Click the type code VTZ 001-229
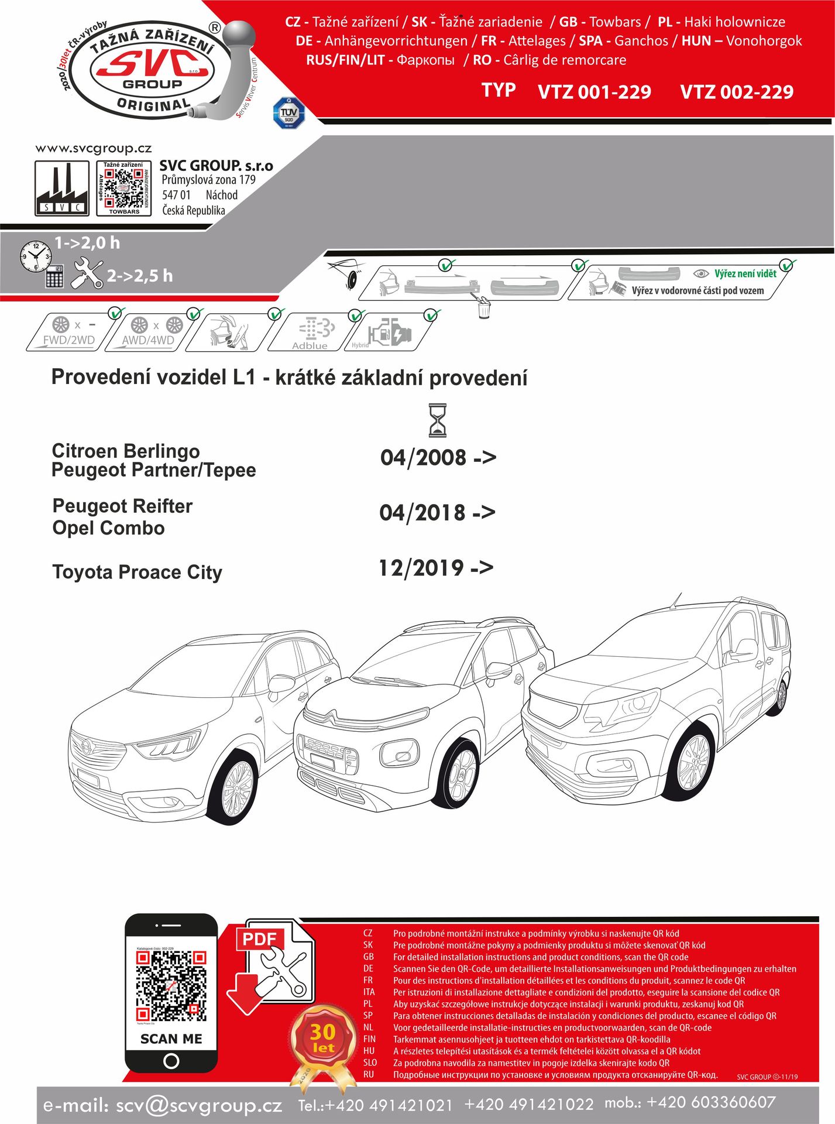(x=594, y=92)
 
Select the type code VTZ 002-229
(x=736, y=92)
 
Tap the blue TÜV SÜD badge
(x=289, y=113)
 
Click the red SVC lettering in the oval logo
(x=152, y=63)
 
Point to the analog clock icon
(x=35, y=256)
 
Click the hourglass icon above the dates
(x=437, y=420)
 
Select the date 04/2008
(x=423, y=457)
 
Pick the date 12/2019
(x=421, y=567)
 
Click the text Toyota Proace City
(x=137, y=572)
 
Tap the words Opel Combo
(x=108, y=528)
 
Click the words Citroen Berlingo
(x=126, y=451)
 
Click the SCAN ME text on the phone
(x=171, y=1039)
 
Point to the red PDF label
(x=259, y=938)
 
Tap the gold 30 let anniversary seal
(x=322, y=1038)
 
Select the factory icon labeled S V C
(x=62, y=189)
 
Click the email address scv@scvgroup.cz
(x=199, y=1105)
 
